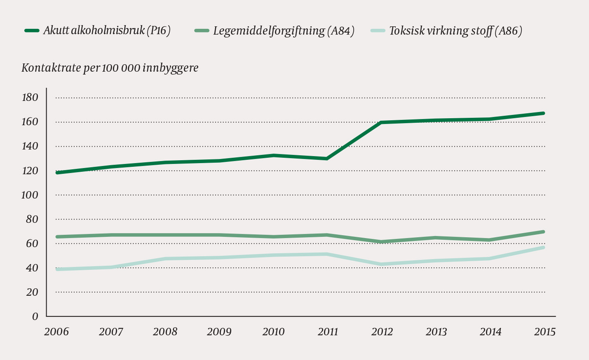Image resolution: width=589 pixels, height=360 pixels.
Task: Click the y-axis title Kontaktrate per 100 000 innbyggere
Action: tap(110, 68)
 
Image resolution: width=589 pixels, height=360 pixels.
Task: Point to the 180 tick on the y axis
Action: tap(29, 98)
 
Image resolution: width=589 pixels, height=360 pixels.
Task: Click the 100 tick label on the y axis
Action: tap(29, 195)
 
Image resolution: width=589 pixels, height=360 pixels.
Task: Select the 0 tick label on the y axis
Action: tap(35, 316)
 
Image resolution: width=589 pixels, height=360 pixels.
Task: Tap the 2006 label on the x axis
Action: tap(56, 332)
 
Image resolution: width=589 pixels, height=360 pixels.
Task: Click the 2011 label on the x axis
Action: tap(328, 332)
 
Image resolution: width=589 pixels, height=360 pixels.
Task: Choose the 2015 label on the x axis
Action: tap(544, 332)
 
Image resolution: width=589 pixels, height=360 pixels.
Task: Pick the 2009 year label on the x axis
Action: tap(219, 332)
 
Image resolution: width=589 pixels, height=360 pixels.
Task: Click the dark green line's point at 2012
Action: tap(382, 122)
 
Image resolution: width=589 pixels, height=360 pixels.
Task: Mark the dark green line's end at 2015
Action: tap(543, 113)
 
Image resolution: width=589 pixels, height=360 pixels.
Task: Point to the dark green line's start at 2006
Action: tap(57, 173)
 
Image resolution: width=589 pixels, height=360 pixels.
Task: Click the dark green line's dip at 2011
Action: tap(327, 159)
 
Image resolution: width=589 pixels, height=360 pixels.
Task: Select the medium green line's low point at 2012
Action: tap(382, 242)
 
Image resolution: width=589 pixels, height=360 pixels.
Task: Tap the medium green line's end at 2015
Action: tap(543, 232)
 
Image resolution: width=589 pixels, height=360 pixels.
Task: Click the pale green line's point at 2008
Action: tap(165, 259)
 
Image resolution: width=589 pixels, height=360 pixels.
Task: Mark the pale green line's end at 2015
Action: tap(543, 248)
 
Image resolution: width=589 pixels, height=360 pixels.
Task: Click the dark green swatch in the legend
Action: tap(32, 31)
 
